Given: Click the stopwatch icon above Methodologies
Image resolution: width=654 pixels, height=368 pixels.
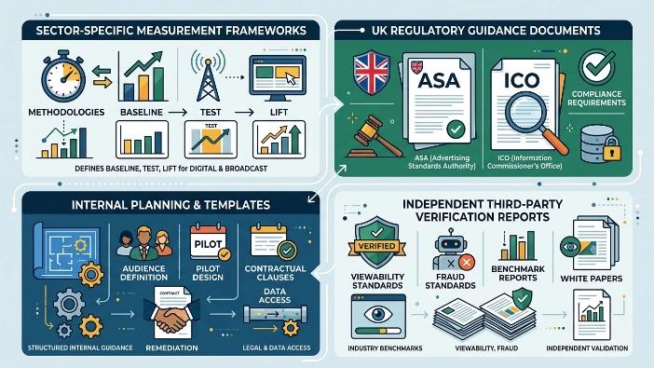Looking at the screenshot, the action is pos(62,76).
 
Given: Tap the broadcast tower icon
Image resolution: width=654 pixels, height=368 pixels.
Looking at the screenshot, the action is pos(208,76).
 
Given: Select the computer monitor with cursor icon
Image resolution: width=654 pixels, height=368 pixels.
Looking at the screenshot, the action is pos(278,78).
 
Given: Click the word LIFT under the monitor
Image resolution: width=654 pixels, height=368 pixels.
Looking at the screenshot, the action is pos(279,112).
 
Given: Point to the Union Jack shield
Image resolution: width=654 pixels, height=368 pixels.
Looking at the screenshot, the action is pos(371,73).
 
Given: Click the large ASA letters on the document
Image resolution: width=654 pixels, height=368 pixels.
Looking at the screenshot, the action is pos(439,80).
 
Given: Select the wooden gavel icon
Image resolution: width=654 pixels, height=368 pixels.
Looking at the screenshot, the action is pos(372,137).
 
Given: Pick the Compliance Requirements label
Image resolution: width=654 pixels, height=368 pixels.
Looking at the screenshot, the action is pos(596,99).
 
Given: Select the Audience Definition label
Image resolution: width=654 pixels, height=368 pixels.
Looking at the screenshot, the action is pos(143,273).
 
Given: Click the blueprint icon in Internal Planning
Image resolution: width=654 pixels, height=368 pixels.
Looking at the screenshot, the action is pos(67,252).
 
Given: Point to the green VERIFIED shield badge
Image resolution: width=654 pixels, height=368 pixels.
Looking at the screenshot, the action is pos(376,242).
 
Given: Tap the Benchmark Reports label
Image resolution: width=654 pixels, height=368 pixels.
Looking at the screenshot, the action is pos(518,273).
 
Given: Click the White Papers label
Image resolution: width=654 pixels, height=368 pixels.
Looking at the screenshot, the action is pos(592,279).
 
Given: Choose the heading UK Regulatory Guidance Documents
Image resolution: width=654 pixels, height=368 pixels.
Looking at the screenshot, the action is pos(486,31).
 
